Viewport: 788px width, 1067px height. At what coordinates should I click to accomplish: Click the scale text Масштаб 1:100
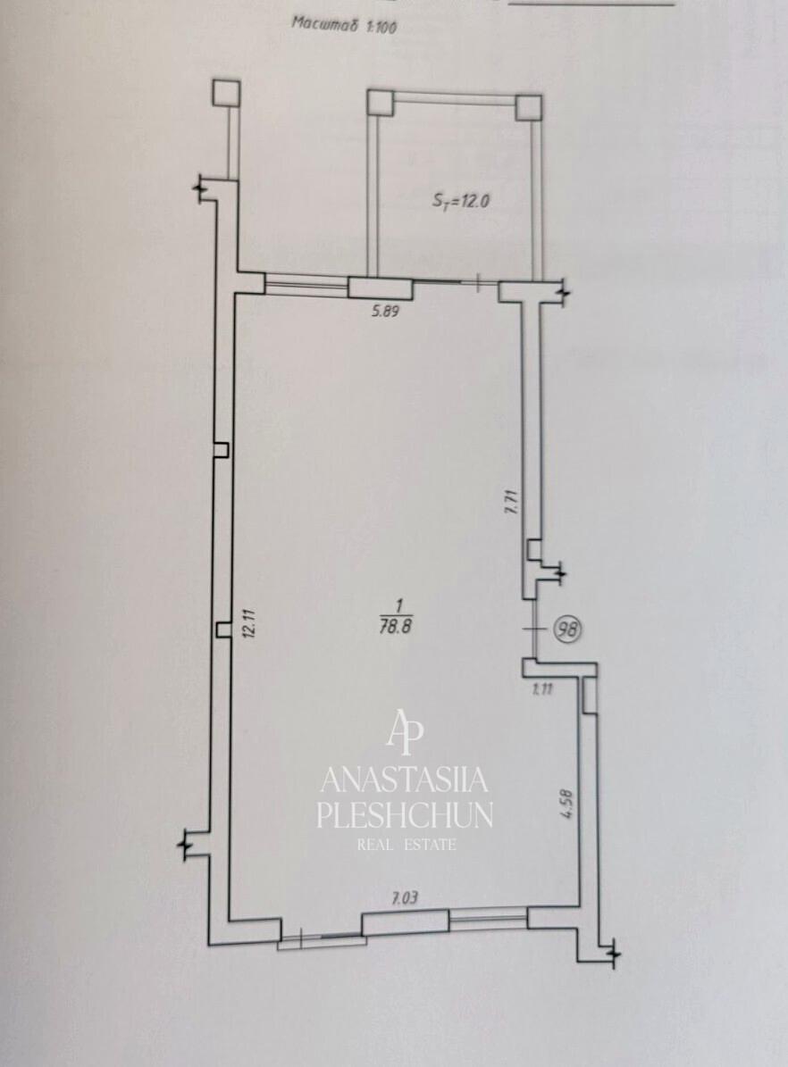coord(344,24)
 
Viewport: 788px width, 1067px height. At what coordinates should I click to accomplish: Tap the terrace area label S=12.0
coord(461,201)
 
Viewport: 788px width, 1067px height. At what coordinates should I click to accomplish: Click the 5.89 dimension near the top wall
coord(384,312)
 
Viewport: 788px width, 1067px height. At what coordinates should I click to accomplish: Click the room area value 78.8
coord(396,628)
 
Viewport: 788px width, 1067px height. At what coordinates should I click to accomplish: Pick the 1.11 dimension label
coord(543,688)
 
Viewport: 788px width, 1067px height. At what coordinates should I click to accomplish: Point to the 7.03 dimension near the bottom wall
coord(405,899)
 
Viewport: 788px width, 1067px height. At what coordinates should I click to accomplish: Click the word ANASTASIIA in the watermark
coord(405,779)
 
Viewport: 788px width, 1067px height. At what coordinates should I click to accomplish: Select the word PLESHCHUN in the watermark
coord(406,815)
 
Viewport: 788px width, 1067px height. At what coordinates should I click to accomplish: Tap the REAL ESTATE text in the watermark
coord(407,845)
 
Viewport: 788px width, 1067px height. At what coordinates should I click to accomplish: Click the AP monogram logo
coord(406,732)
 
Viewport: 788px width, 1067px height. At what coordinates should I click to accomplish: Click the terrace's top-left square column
coord(381,103)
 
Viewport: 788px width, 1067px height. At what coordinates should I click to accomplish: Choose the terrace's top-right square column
coord(529,107)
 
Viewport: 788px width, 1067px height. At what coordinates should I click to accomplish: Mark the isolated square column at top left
coord(226,93)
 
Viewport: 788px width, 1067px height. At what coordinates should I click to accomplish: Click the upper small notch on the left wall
coord(221,450)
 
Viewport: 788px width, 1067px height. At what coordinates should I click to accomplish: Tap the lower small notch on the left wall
coord(222,630)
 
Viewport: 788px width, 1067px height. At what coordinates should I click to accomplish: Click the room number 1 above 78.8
coord(399,604)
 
